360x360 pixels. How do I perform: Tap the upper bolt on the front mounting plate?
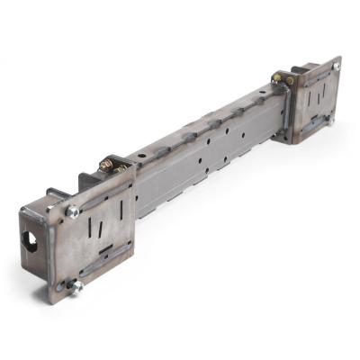pyautogui.click(x=72, y=211)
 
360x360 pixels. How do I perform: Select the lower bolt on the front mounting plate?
pyautogui.click(x=76, y=285)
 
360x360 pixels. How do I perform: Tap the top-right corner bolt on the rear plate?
pyautogui.click(x=336, y=67)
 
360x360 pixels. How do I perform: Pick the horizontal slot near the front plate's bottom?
pyautogui.click(x=105, y=250)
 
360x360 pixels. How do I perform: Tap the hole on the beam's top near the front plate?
pyautogui.click(x=142, y=154)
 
